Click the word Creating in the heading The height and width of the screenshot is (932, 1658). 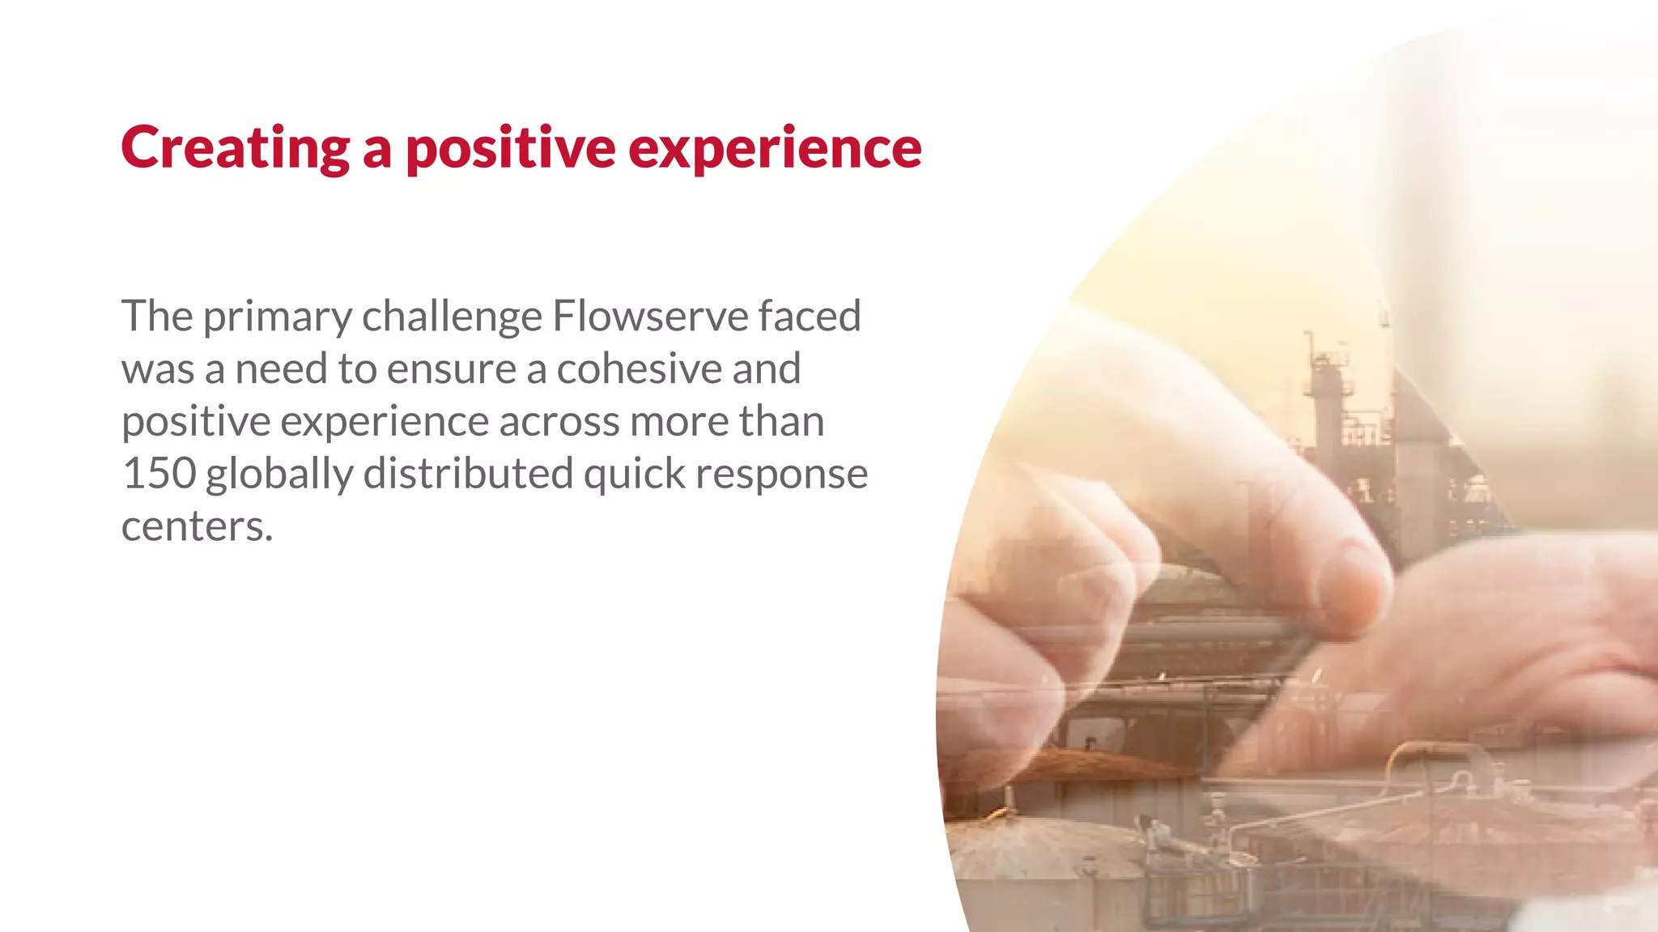pos(235,148)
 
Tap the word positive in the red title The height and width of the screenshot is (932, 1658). pos(510,148)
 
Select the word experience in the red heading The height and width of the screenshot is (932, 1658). pos(775,148)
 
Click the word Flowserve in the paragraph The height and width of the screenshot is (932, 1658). pos(650,316)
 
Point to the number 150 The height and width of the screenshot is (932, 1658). pos(159,474)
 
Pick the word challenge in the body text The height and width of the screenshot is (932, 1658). pos(452,317)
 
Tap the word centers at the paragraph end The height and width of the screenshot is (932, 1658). pos(196,527)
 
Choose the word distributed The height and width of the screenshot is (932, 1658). pos(468,474)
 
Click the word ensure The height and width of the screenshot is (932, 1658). pos(452,370)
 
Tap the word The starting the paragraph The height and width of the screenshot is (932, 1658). pos(157,316)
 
